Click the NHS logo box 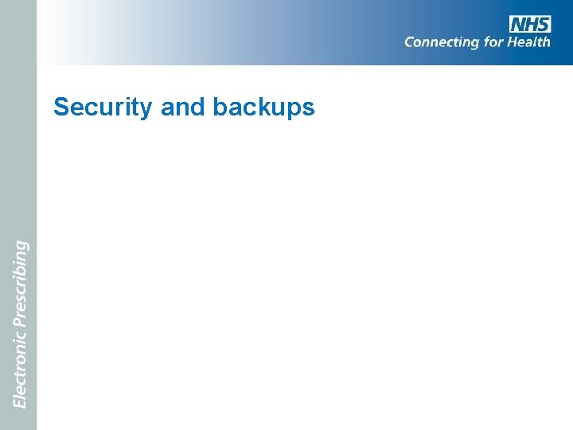(x=530, y=24)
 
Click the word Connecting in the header (x=442, y=42)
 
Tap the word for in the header (x=494, y=41)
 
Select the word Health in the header (x=529, y=41)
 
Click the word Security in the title (x=103, y=107)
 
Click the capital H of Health (x=515, y=41)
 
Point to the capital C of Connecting (x=410, y=41)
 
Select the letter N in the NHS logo (x=518, y=24)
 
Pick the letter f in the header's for (x=486, y=41)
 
